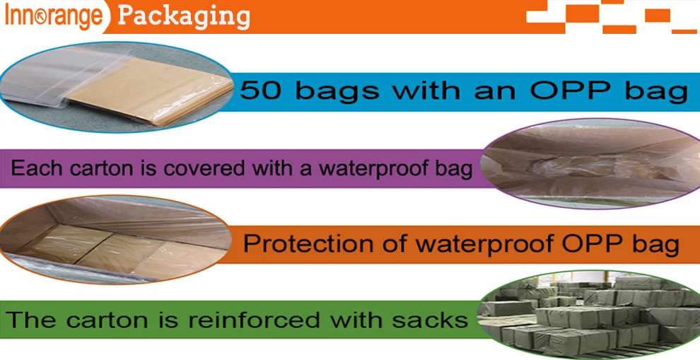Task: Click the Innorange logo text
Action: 53,17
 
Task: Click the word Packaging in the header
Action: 183,17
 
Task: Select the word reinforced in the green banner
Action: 254,320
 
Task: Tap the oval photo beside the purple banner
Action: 592,163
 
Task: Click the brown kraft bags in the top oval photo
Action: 152,91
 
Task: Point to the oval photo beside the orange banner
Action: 116,240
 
